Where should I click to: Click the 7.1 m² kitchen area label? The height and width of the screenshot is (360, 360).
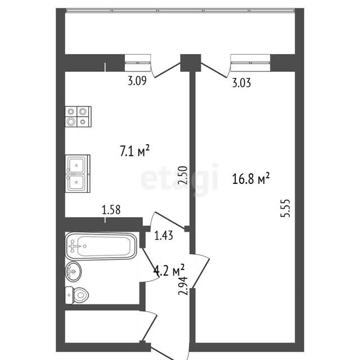coord(135,151)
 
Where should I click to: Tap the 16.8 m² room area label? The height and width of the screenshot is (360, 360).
coord(251,178)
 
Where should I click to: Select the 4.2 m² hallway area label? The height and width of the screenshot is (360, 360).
coord(169,270)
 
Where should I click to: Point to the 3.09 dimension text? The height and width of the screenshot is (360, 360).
coord(137,81)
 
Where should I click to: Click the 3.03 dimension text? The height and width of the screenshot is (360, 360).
coord(241,83)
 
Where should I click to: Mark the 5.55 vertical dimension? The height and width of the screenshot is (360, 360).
coord(285,208)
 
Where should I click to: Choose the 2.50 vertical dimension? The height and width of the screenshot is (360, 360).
coord(183,175)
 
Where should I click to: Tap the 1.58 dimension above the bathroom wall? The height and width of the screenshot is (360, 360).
coord(111,210)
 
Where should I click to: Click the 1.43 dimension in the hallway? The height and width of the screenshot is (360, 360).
coord(164,236)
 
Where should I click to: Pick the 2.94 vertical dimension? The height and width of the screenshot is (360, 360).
coord(183,286)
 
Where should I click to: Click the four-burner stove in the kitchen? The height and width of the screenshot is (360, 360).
coord(78,116)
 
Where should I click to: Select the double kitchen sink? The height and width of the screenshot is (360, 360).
coord(78,173)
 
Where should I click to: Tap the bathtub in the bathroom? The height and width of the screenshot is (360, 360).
coord(101,246)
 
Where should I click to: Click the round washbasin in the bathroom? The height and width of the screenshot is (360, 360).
coord(73,272)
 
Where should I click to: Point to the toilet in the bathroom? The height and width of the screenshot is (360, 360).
coord(76,295)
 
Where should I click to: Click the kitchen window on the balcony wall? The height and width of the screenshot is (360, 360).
coord(138,62)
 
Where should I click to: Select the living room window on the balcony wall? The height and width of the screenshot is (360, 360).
coord(250,62)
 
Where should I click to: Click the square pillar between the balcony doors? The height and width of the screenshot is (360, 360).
coord(191,62)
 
